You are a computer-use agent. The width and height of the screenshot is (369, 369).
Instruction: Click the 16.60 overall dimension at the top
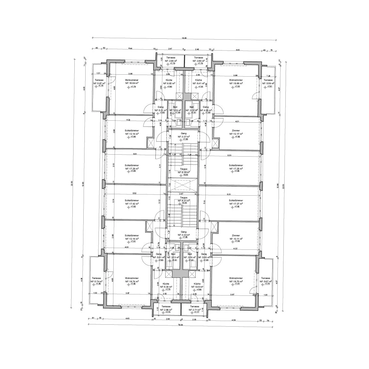184,38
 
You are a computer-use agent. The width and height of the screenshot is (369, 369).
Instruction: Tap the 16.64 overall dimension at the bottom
184,325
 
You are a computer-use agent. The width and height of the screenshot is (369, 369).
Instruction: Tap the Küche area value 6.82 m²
169,83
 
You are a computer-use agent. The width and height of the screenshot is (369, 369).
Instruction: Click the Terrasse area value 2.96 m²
171,61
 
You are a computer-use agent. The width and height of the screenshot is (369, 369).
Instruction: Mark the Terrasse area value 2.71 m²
194,309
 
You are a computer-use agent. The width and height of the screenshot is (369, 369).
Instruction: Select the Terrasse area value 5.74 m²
96,281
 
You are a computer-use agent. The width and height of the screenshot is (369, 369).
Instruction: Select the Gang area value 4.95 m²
206,110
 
